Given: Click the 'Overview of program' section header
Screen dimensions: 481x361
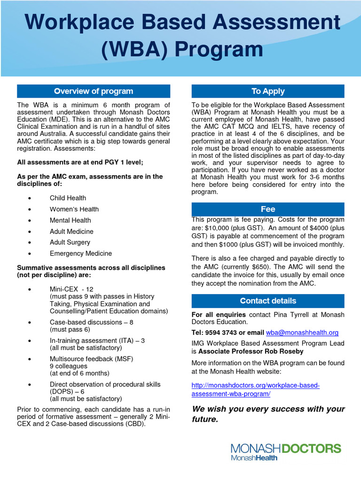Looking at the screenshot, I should coord(94,91).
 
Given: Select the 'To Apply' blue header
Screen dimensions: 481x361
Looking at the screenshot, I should coord(268,91).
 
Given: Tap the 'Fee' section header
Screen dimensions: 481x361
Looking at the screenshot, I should coord(268,209).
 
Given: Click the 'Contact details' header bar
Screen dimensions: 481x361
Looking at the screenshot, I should coord(268,301).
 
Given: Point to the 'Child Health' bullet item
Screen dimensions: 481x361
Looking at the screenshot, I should coord(68,198).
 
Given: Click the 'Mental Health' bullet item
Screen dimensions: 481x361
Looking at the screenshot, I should coord(70,220).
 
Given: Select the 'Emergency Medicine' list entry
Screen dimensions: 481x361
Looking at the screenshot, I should coord(80,254).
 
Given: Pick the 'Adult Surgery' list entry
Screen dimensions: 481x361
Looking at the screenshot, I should coord(70,242).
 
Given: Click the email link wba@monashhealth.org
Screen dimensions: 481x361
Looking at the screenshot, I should coord(302,333).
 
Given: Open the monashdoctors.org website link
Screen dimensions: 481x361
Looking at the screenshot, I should coord(255,389).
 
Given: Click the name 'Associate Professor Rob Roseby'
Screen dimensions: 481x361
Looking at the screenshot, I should coord(251,351).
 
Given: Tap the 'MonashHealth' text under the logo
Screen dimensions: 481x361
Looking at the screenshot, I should coord(254,458).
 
